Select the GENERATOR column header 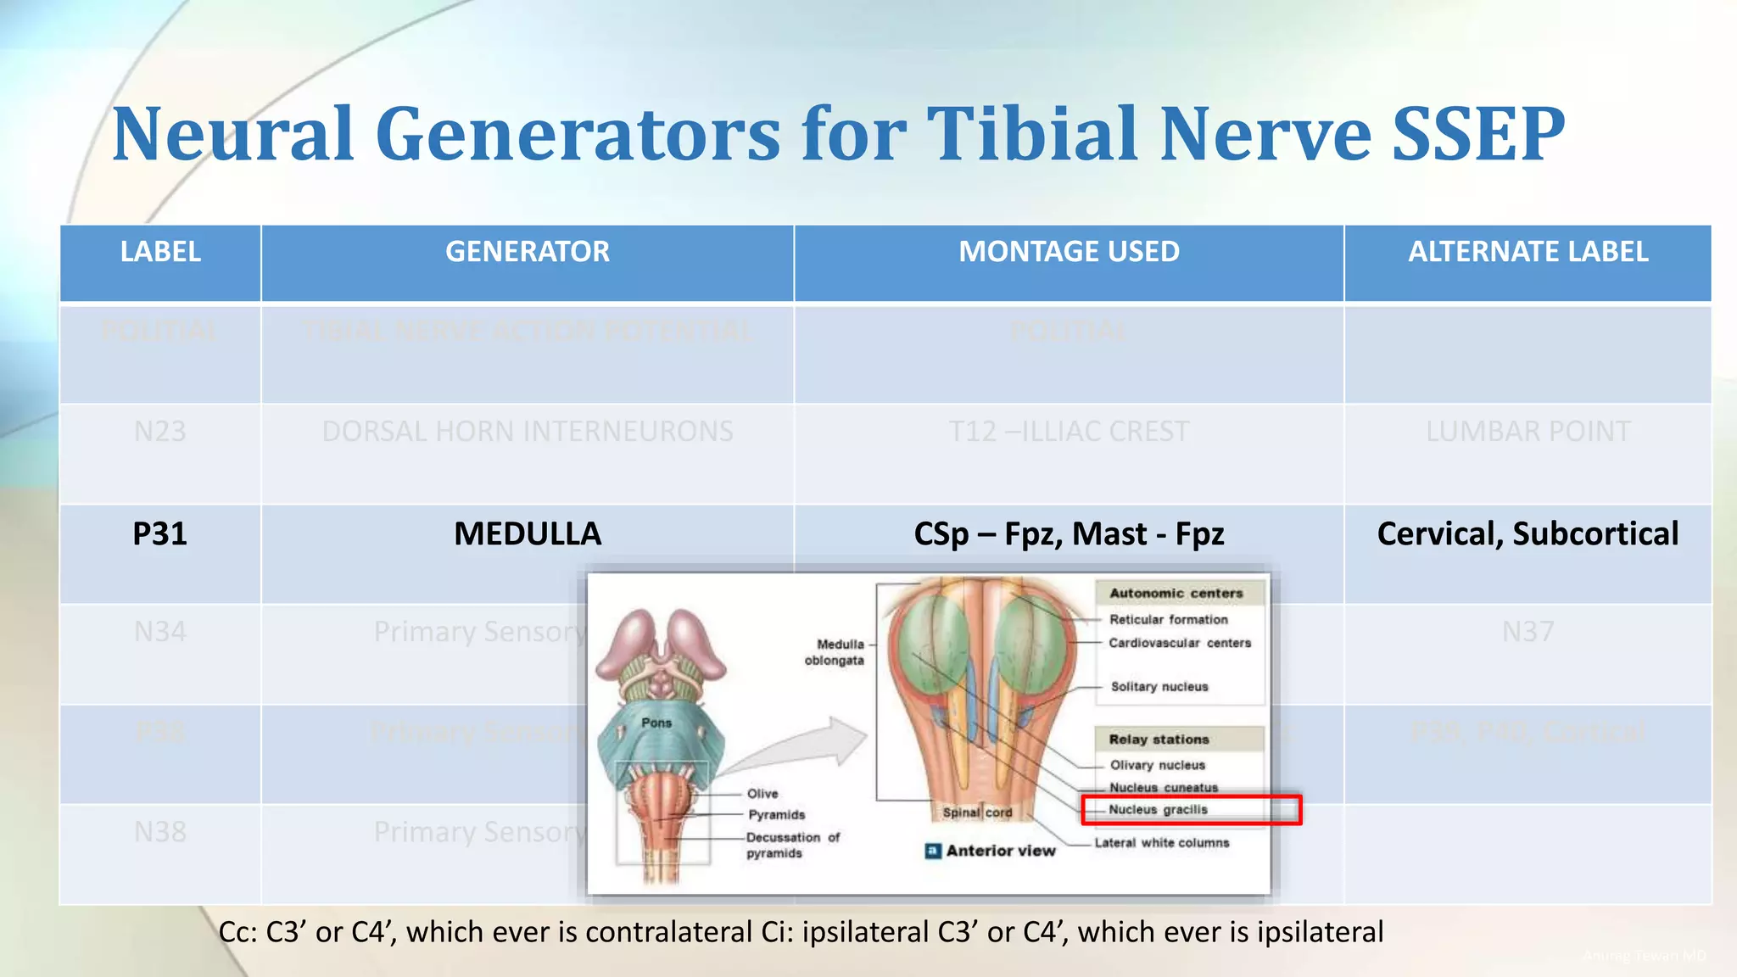click(527, 252)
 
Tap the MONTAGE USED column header click(1069, 252)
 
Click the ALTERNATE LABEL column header click(1528, 252)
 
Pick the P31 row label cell click(159, 534)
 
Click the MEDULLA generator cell click(527, 534)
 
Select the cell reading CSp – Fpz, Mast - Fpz click(1069, 534)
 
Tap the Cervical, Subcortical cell click(1528, 534)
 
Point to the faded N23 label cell click(159, 432)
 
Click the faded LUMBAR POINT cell click(1528, 432)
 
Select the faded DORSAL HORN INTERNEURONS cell click(527, 432)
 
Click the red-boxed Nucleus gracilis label click(1158, 810)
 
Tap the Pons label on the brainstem click(656, 723)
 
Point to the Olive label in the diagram click(762, 794)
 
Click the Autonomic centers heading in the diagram click(1176, 594)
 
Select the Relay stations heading click(1159, 740)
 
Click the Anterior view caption click(1000, 851)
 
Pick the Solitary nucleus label click(1159, 687)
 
